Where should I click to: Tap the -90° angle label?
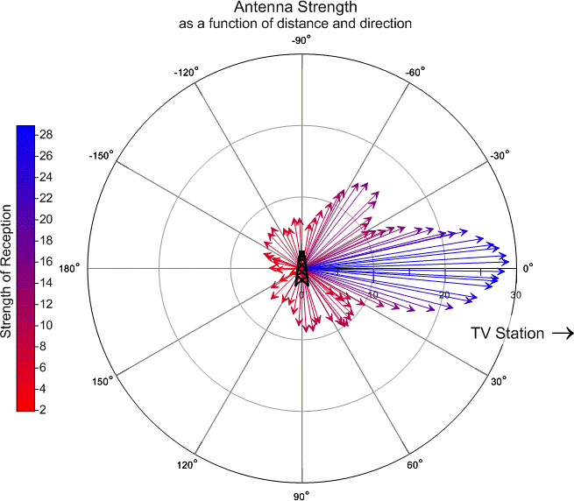pos(301,40)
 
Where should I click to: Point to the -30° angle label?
pos(500,154)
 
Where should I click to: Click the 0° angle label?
pos(528,269)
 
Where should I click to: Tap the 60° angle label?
pos(415,464)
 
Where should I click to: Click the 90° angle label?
pos(301,497)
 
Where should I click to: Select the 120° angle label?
pos(188,464)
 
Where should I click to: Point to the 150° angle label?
pos(104,382)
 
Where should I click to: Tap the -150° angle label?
pos(102,155)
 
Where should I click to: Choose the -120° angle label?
pos(186,71)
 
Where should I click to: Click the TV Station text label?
pos(507,334)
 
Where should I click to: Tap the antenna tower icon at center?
pos(301,268)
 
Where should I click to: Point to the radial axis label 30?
pos(515,295)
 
